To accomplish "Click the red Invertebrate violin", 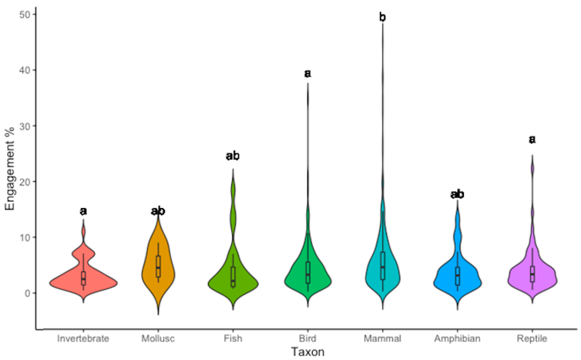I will [83, 282].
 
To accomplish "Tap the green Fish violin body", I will [233, 282].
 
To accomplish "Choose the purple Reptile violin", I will [532, 278].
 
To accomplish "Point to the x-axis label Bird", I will [307, 338].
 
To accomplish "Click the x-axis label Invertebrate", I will [83, 338].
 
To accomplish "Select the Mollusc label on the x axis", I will [158, 338].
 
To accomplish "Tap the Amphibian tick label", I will [457, 338].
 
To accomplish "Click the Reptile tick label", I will [532, 338].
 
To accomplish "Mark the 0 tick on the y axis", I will [27, 293].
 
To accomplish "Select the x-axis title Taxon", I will [307, 352].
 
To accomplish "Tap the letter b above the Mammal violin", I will [382, 17].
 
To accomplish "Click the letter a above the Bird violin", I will [307, 73].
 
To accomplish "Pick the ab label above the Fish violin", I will [233, 156].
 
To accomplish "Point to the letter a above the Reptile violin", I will [532, 140].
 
